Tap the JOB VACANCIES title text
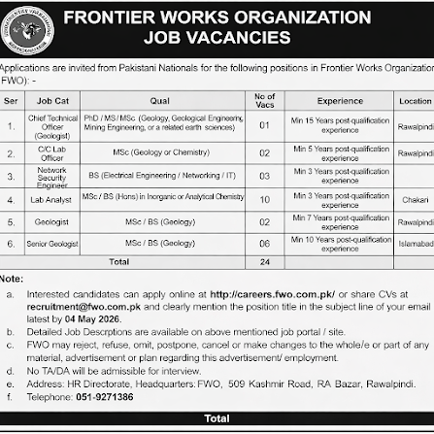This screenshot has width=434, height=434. click(217, 38)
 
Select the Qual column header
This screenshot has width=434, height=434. click(160, 100)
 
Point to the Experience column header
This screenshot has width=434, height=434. click(340, 100)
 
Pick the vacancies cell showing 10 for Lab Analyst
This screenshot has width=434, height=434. click(264, 198)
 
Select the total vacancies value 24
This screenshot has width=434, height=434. click(264, 262)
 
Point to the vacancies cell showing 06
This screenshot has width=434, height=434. click(264, 244)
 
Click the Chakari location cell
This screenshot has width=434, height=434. click(415, 198)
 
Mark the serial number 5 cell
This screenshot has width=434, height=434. click(11, 221)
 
